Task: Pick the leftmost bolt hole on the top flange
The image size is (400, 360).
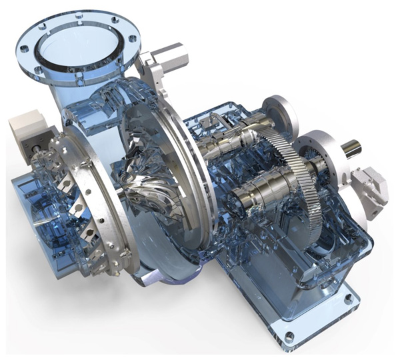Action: pyautogui.click(x=25, y=49)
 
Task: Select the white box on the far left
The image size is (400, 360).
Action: pyautogui.click(x=27, y=125)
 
